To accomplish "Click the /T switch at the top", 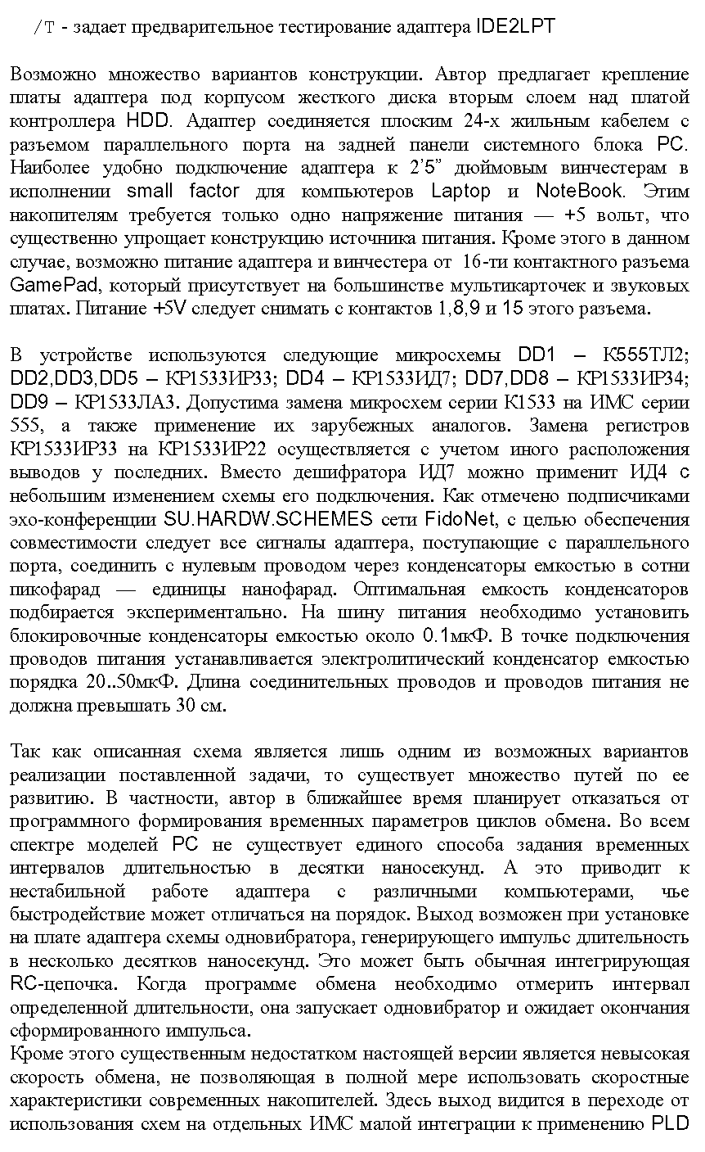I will tap(43, 27).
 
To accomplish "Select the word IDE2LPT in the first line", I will tap(514, 26).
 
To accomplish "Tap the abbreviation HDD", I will tap(149, 121).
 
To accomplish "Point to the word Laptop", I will tap(460, 192).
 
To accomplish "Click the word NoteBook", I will tap(579, 192).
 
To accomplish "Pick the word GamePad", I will tap(55, 286).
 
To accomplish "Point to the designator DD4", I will tap(307, 379).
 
